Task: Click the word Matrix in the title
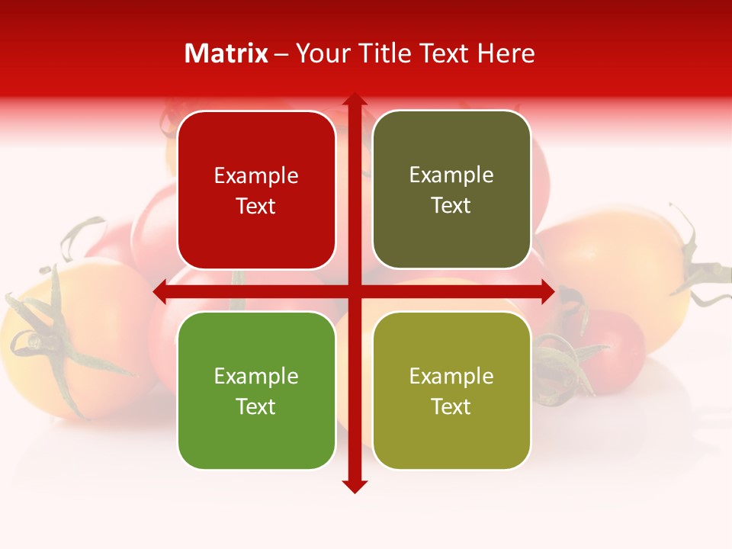tap(226, 53)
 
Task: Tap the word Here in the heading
tap(506, 53)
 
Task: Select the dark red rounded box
tap(256, 190)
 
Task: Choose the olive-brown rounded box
tap(451, 190)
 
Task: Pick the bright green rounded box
tap(256, 390)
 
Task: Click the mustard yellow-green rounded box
tap(451, 390)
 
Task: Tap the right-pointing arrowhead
tap(547, 291)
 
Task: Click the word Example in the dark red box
tap(256, 176)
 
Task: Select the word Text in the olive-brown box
tap(451, 206)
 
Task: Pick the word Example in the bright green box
tap(256, 377)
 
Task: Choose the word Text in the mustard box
tap(451, 406)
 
